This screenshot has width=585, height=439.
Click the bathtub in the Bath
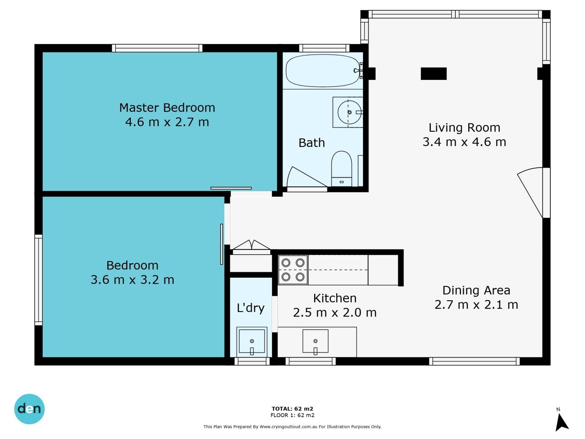(x=323, y=70)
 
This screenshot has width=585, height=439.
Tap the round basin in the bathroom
(x=349, y=112)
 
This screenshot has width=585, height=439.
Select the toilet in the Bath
(x=342, y=169)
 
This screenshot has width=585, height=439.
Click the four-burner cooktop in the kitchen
(x=293, y=270)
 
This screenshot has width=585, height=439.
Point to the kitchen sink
(x=315, y=341)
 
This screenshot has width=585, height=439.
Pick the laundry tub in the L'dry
(x=252, y=342)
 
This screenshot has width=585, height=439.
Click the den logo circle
(x=29, y=409)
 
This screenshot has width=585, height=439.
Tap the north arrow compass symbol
(x=561, y=422)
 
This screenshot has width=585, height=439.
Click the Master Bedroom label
(x=167, y=108)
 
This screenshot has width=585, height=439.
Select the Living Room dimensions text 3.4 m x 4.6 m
(x=464, y=142)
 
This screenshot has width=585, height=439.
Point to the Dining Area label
(x=476, y=290)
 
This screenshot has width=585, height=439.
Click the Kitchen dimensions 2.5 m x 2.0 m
(x=335, y=312)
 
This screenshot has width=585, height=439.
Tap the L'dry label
(x=250, y=308)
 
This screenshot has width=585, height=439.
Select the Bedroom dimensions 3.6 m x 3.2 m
(x=132, y=280)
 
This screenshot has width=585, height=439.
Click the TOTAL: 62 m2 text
(x=292, y=409)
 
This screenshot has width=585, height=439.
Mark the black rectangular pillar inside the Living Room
(x=434, y=73)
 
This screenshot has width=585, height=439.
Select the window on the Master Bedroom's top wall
(x=157, y=48)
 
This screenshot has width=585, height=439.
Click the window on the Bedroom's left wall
(x=38, y=280)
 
